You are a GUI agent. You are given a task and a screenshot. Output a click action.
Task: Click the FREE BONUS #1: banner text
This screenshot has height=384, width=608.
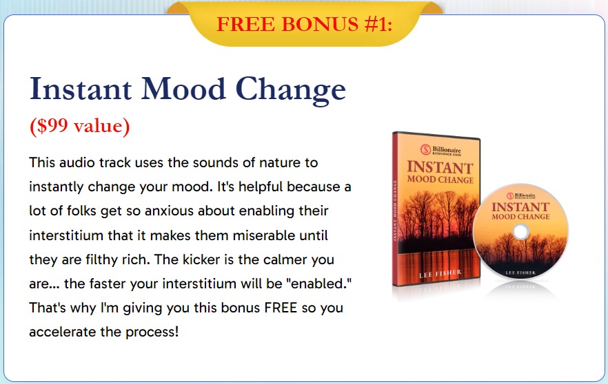[x=305, y=24]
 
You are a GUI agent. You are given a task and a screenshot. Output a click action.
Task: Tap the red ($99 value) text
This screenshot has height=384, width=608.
[x=79, y=126]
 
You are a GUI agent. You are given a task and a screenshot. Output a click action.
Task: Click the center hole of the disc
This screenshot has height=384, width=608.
[x=520, y=232]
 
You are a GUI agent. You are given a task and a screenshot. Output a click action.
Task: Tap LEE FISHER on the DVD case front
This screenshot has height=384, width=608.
[x=440, y=274]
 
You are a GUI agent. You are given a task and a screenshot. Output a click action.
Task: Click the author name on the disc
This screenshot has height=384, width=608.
[x=520, y=273]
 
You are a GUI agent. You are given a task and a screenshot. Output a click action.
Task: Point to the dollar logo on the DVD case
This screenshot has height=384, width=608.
[x=425, y=149]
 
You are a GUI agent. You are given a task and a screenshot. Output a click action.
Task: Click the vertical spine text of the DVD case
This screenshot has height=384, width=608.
[x=395, y=211]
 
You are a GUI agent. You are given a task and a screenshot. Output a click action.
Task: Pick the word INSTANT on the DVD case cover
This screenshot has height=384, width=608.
[x=440, y=167]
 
